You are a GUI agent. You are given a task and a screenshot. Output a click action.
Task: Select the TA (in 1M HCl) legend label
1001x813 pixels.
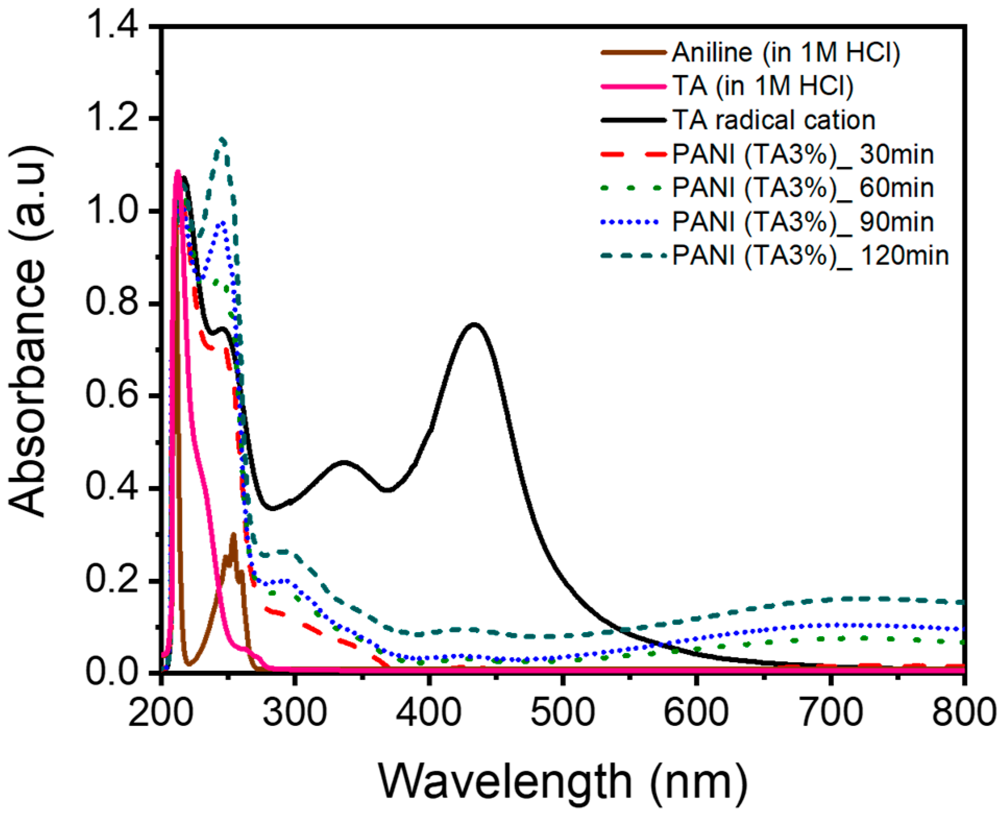point(762,86)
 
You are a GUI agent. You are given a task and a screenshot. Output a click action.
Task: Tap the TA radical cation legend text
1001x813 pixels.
point(773,120)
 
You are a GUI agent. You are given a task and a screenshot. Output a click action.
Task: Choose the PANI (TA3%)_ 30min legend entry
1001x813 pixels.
point(802,154)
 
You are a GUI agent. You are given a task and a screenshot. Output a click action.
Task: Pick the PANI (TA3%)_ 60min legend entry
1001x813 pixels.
point(802,188)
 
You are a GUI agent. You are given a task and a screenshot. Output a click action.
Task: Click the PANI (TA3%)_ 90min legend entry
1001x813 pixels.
point(802,222)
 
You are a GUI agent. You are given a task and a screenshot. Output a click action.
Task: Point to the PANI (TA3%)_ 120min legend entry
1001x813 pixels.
point(810,256)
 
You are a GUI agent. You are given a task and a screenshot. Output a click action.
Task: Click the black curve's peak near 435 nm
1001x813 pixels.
point(474,324)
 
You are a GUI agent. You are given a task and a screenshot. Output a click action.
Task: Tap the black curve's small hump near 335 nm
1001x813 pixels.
point(343,462)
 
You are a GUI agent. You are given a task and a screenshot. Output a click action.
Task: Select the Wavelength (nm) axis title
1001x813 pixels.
point(562,781)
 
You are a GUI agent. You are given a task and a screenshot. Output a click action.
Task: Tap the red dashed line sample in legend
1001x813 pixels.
point(633,154)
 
